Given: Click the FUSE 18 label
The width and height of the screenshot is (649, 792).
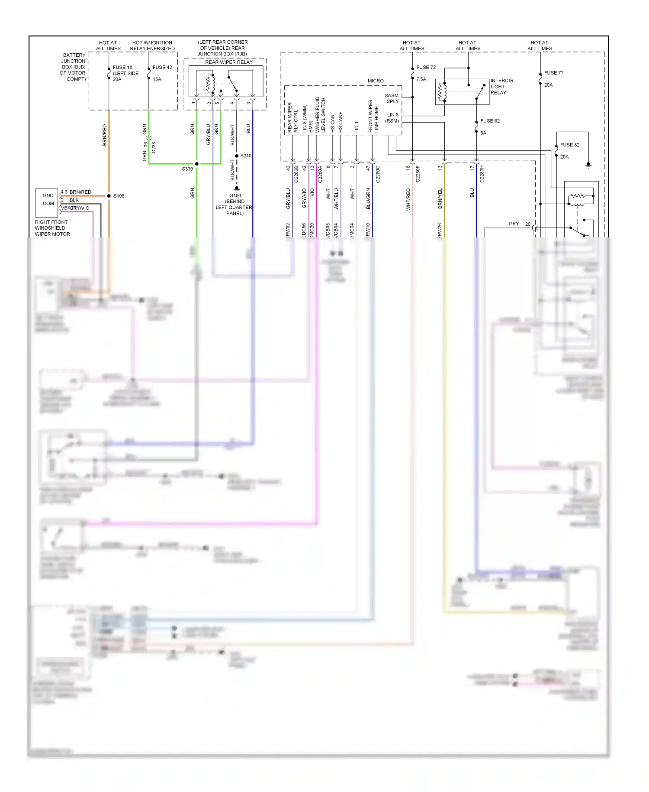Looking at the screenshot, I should point(122,68).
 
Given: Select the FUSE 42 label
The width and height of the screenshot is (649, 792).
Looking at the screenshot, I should point(162,68).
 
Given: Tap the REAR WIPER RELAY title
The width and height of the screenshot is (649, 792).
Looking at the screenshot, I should point(229,62).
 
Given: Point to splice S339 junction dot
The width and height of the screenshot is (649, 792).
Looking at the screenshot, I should point(197,164).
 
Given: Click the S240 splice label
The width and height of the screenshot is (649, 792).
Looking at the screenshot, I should point(246,156).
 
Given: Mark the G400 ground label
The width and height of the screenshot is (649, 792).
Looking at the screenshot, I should point(235,195).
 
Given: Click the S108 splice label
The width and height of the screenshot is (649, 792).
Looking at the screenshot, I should point(119,196).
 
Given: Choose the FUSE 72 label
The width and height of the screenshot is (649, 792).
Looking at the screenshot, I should point(426,68).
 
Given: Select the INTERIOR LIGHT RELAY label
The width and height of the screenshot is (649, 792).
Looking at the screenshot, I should point(501,87).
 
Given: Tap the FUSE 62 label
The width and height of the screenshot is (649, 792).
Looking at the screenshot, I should point(490,121).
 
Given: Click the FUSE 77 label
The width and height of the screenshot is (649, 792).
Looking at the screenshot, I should point(553,73).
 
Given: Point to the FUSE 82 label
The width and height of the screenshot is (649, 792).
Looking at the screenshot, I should point(569,145).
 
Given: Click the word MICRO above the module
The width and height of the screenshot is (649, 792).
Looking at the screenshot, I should point(376,81).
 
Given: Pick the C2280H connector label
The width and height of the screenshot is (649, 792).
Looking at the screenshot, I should point(482,174).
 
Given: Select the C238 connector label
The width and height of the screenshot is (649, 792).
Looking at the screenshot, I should point(154,147).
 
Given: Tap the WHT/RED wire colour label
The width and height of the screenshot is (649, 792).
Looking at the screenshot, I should point(408,199).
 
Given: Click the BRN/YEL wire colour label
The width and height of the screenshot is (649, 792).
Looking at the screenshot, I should point(440,199).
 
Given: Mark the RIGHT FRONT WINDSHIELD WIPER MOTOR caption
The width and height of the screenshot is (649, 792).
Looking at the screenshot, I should point(52,228).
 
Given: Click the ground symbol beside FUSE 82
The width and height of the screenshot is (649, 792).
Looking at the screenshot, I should point(588,165).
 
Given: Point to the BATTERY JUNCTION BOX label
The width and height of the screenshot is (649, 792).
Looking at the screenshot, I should point(74,67).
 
